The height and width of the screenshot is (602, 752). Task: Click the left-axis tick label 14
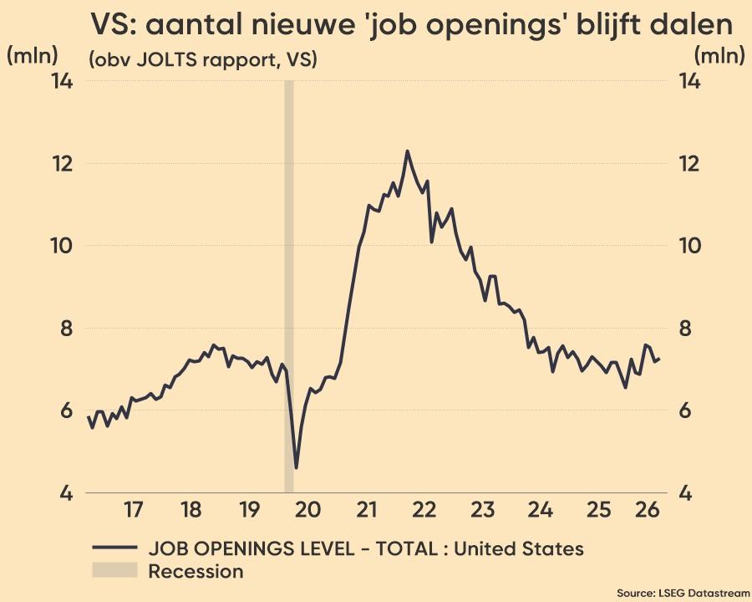click(63, 81)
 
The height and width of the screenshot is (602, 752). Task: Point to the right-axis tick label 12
click(689, 164)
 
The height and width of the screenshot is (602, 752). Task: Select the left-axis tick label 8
click(67, 329)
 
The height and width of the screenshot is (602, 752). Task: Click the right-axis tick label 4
click(686, 493)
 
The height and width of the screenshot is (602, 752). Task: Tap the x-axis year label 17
click(134, 510)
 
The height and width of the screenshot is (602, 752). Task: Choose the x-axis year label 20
click(307, 510)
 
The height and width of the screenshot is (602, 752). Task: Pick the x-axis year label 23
click(482, 510)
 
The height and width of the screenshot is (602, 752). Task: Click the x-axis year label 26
click(647, 510)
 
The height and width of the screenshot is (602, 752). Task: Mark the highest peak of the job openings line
click(407, 151)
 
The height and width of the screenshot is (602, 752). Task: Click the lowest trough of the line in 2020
click(296, 467)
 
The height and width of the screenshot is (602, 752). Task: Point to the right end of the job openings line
click(660, 359)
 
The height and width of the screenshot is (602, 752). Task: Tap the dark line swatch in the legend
click(114, 548)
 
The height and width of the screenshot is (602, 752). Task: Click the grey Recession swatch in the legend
click(114, 570)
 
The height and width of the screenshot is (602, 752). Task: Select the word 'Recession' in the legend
click(196, 571)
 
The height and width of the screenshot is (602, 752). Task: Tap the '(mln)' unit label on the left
click(32, 56)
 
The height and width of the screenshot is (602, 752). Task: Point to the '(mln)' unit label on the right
click(719, 56)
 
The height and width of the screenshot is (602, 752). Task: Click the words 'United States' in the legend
click(518, 548)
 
